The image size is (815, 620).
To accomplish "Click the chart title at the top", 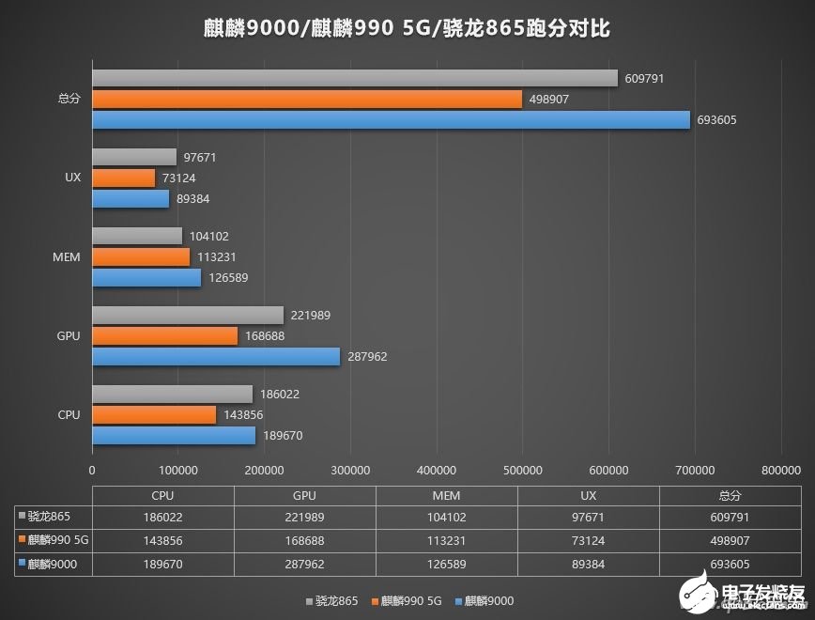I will (x=407, y=28).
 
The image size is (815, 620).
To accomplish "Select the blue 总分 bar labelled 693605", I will (x=391, y=120).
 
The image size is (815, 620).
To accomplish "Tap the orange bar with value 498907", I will (x=307, y=99).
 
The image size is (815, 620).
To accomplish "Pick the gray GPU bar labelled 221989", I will (x=188, y=315).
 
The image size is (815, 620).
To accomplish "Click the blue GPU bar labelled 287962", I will (x=216, y=357).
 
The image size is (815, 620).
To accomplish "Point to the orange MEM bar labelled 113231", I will (x=141, y=256).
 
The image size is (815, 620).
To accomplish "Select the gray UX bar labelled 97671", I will (x=134, y=157).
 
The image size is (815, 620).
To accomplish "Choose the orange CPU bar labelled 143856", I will (x=154, y=414).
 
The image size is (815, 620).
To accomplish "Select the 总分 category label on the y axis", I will (x=69, y=99).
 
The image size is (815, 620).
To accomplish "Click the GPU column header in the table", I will (x=304, y=495).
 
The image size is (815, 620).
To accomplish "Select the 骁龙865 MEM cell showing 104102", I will (x=447, y=516).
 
